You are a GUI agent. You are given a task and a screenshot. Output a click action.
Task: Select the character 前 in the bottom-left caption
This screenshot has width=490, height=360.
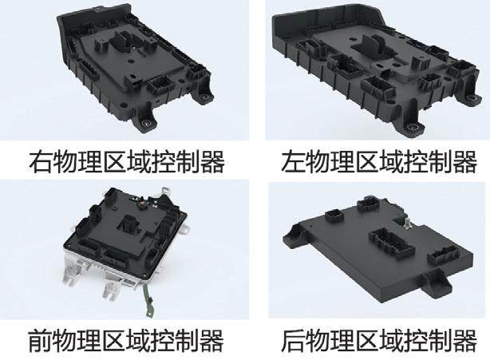pos(40,340)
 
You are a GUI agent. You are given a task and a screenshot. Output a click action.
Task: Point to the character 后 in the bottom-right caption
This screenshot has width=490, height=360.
pos(293,340)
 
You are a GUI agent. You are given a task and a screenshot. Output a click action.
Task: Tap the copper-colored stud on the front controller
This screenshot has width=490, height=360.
pos(143,206)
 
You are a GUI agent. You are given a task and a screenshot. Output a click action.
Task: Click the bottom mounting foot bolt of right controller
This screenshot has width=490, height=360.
pos(146,123)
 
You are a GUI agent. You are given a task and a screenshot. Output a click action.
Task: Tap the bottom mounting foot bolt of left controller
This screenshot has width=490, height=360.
pos(413,126)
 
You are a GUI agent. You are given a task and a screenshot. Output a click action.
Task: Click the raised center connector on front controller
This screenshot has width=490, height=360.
pos(129,224)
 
